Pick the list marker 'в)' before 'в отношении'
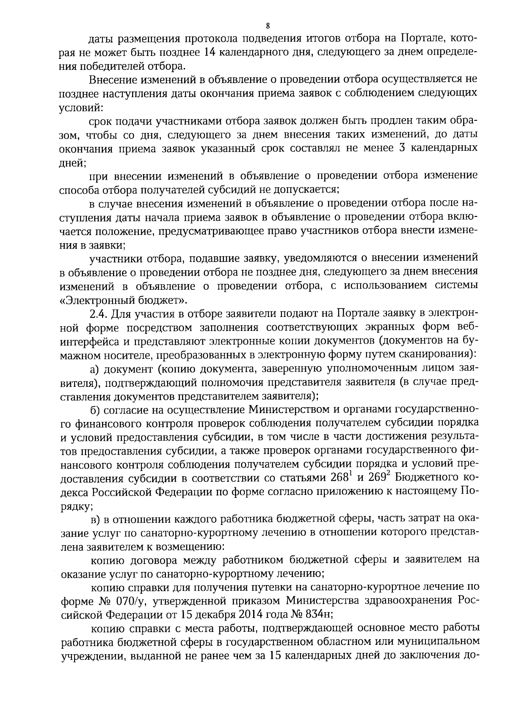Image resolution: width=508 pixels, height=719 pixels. click(x=96, y=519)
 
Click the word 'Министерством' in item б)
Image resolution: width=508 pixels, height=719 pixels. click(x=285, y=410)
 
